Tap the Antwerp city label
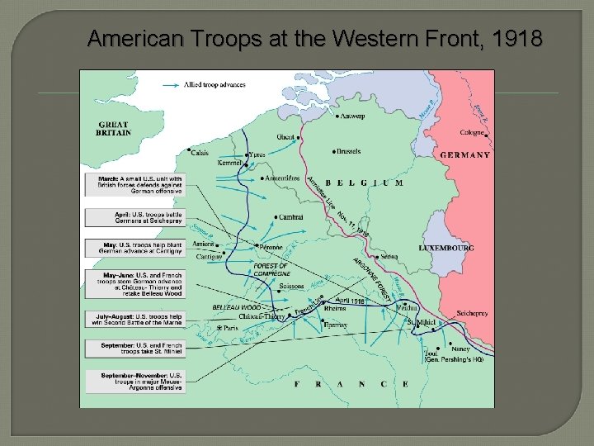pos(351,116)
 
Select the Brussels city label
pos(347,152)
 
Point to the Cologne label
pos(471,132)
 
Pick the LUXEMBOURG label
pos(446,248)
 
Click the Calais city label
pos(200,153)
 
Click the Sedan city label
pos(389,257)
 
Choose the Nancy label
pos(460,349)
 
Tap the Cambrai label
pos(291,217)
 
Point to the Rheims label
pos(336,310)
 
